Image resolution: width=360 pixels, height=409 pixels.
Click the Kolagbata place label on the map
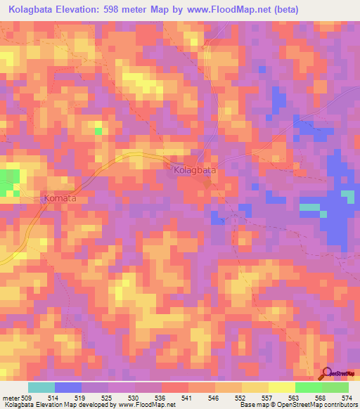click(x=194, y=170)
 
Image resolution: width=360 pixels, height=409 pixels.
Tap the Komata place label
click(x=65, y=199)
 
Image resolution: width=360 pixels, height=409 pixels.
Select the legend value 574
click(x=348, y=397)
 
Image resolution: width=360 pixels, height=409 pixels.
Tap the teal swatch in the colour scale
click(x=41, y=387)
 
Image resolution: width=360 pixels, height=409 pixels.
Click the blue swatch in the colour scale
click(x=67, y=387)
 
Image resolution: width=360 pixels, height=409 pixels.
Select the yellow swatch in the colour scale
click(x=281, y=387)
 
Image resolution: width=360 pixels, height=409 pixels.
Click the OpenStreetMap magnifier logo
click(x=327, y=373)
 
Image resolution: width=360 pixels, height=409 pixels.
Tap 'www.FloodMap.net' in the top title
click(x=227, y=9)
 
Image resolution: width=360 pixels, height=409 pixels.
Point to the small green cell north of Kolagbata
click(x=98, y=131)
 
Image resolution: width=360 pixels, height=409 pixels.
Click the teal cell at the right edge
click(x=347, y=195)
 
